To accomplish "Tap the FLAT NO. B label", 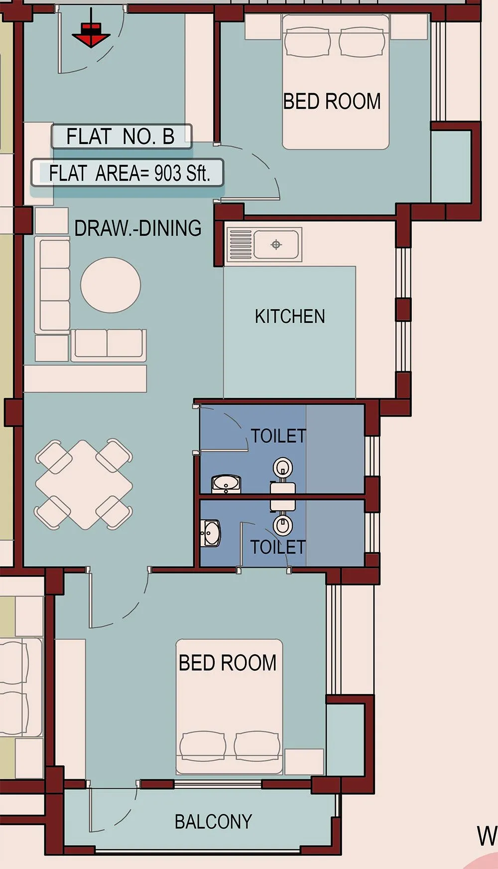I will [x=121, y=137].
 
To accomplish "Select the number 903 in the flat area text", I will [x=167, y=173].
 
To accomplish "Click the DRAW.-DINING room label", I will [x=138, y=228].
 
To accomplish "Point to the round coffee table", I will [x=111, y=285].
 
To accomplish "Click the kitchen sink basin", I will [x=276, y=245].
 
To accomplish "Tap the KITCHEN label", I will [x=290, y=316].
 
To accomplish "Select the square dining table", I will [x=84, y=484].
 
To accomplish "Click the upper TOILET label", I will [x=278, y=436].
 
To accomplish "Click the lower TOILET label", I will [x=277, y=547].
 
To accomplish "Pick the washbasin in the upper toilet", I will [x=227, y=484].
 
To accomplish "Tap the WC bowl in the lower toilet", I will [x=282, y=524].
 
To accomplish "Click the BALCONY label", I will [x=213, y=822].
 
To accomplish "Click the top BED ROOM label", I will [x=332, y=102].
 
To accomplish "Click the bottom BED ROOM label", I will [x=228, y=663].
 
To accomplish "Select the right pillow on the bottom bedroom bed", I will [x=257, y=746].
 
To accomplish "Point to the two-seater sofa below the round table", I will [x=109, y=344].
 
